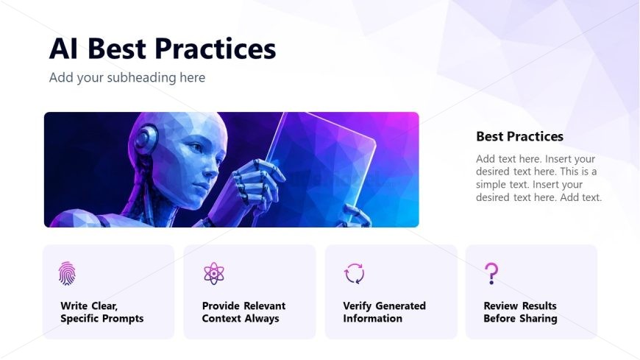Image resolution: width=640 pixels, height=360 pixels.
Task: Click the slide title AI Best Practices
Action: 163,49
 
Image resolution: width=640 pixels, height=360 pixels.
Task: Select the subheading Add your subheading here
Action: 127,77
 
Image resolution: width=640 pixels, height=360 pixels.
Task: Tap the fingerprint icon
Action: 67,273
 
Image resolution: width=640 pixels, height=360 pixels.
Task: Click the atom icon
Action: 214,273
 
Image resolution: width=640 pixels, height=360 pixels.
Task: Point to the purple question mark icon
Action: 491,273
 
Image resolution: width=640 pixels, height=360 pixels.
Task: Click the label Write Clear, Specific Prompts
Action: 102,312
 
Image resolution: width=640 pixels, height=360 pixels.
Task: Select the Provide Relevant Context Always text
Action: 243,312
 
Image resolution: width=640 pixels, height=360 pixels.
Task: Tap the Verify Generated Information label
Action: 384,312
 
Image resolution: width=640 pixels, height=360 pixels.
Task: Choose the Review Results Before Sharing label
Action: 520,312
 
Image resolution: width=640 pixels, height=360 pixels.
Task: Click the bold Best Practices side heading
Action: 519,136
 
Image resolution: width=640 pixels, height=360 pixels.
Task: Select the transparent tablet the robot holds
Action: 322,168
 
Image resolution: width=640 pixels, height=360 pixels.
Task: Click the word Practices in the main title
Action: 215,49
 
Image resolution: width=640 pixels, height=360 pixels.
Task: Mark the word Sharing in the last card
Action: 538,319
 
